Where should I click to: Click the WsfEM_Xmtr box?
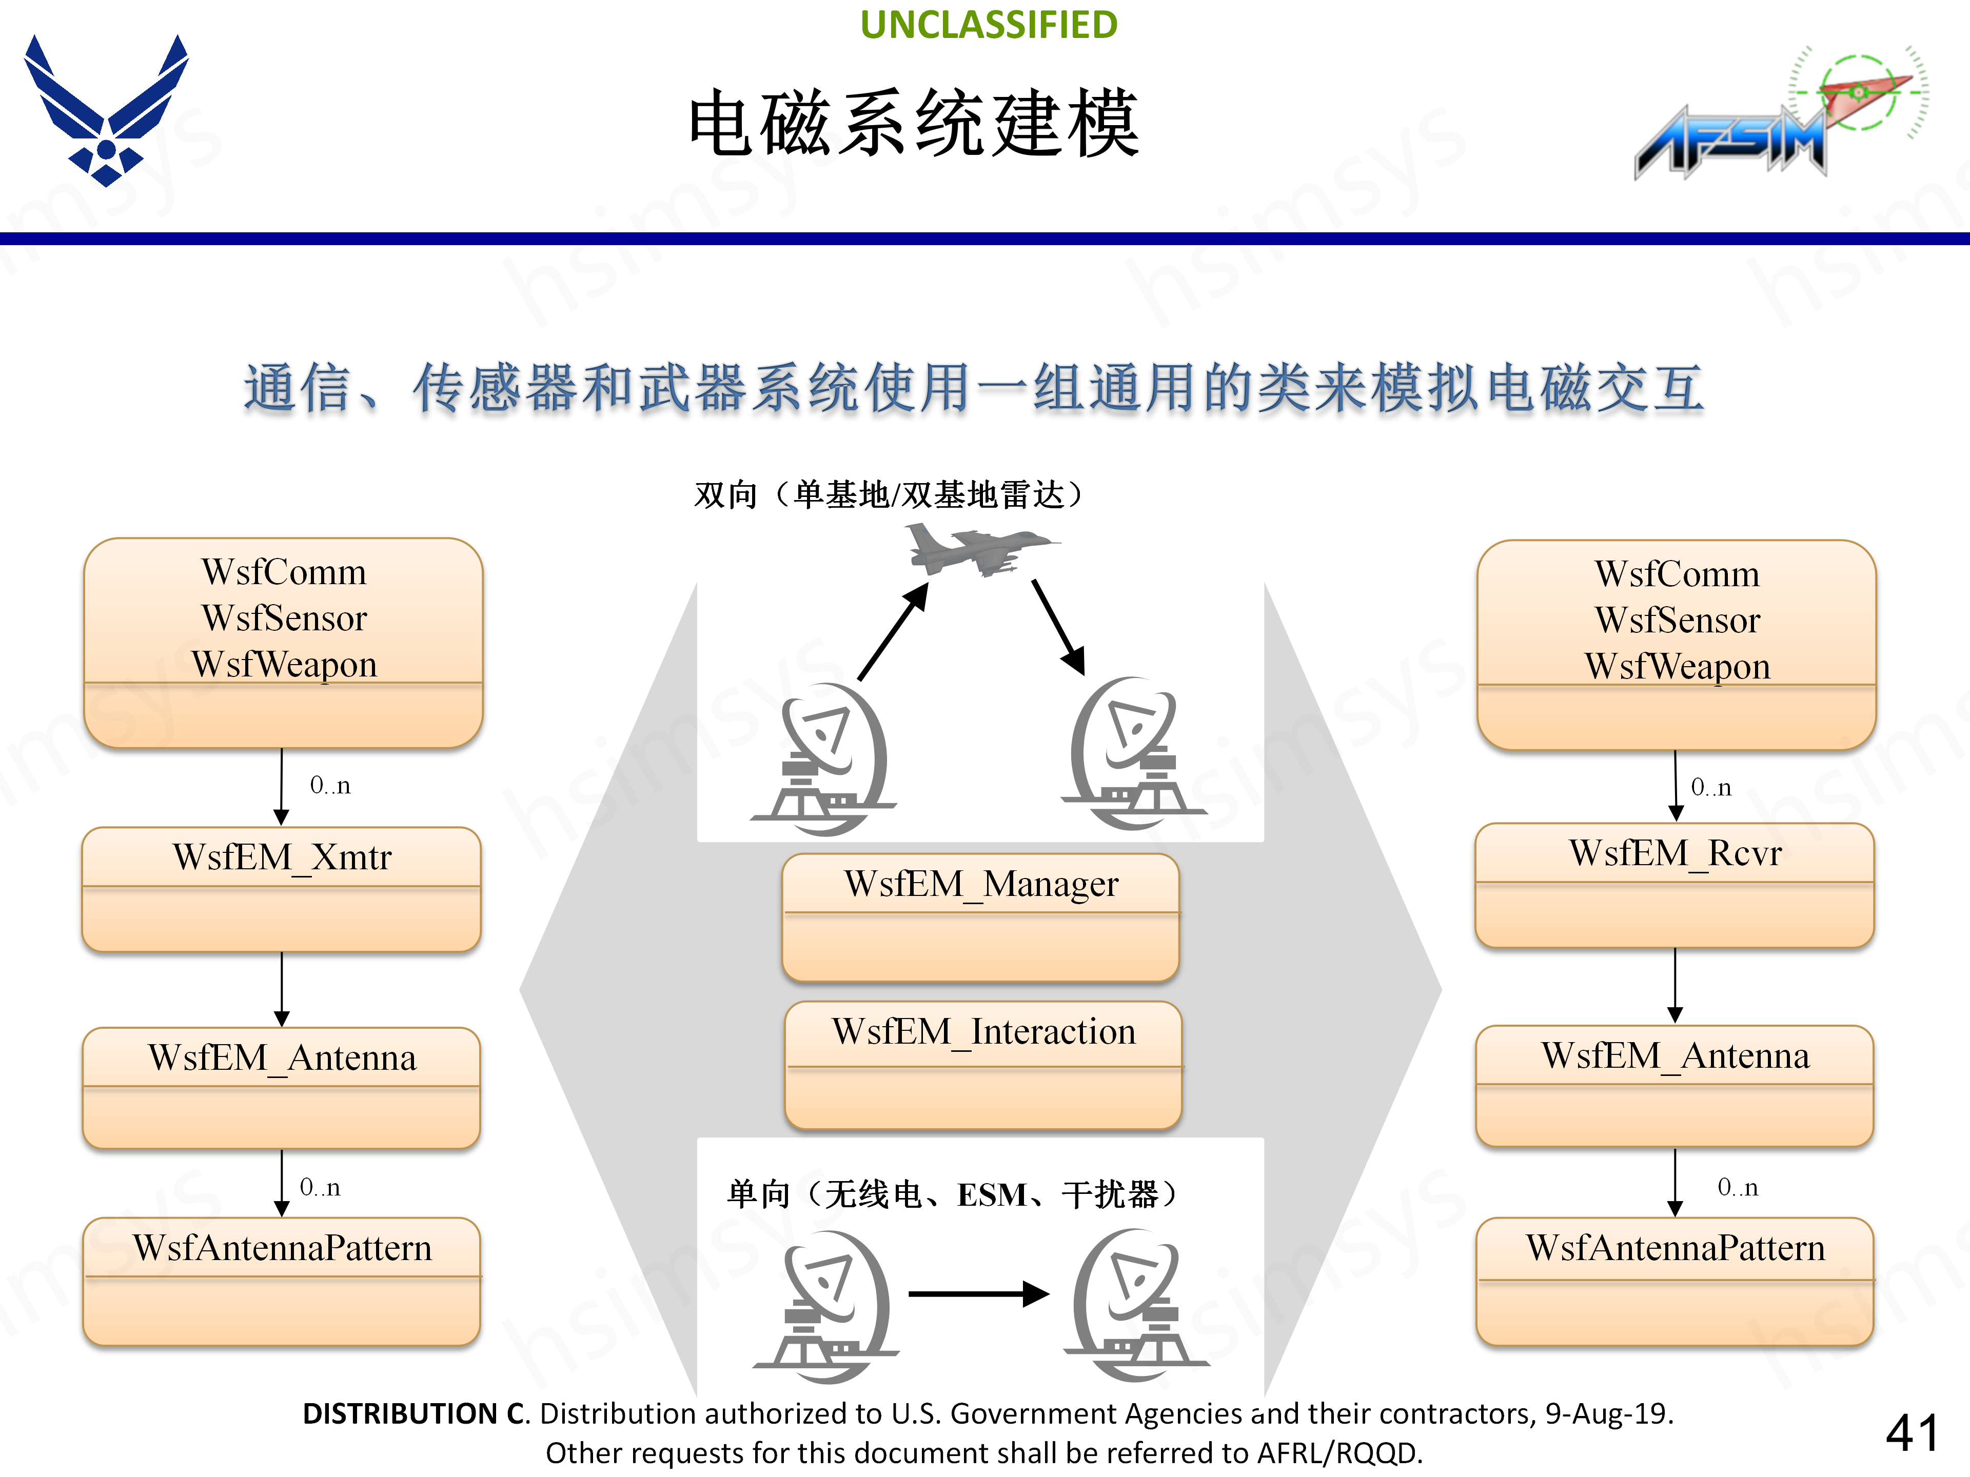click(x=282, y=889)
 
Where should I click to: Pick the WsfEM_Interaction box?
click(x=983, y=1064)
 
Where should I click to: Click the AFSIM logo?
click(x=1772, y=116)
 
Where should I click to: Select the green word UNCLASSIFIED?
click(x=989, y=25)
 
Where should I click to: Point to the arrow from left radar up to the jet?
click(x=892, y=632)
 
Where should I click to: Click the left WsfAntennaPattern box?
click(x=282, y=1280)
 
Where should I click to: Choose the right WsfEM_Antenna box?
click(x=1675, y=1085)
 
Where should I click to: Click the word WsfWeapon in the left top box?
click(x=284, y=664)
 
